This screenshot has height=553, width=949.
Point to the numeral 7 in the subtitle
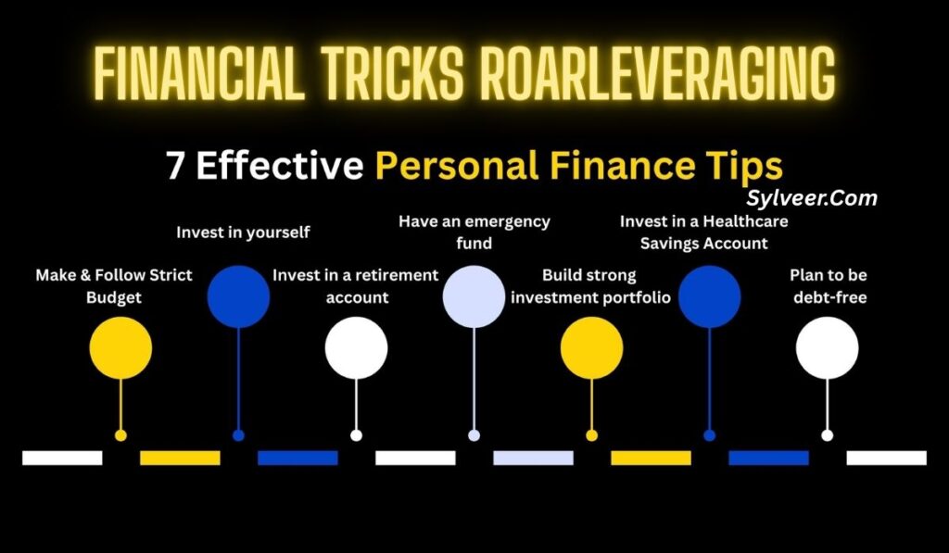point(176,167)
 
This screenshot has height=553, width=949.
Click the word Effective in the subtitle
point(279,167)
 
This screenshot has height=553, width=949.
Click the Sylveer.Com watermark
point(811,197)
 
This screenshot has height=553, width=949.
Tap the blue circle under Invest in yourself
point(238,296)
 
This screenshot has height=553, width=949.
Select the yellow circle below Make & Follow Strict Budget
point(120,347)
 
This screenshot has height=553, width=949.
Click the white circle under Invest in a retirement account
point(356,347)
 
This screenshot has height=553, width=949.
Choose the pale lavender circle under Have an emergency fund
point(474,296)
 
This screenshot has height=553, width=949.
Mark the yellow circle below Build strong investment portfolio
point(591,347)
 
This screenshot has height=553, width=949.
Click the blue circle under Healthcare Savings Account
point(709,296)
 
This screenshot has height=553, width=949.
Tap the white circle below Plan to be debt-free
point(827,347)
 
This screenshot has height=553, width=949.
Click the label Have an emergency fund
point(474,233)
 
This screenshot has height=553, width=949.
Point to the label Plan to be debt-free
point(828,286)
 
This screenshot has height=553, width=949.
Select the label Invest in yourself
point(243,233)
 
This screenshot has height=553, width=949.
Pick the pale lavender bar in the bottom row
point(533,458)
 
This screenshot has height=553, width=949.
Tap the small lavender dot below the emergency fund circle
point(474,435)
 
